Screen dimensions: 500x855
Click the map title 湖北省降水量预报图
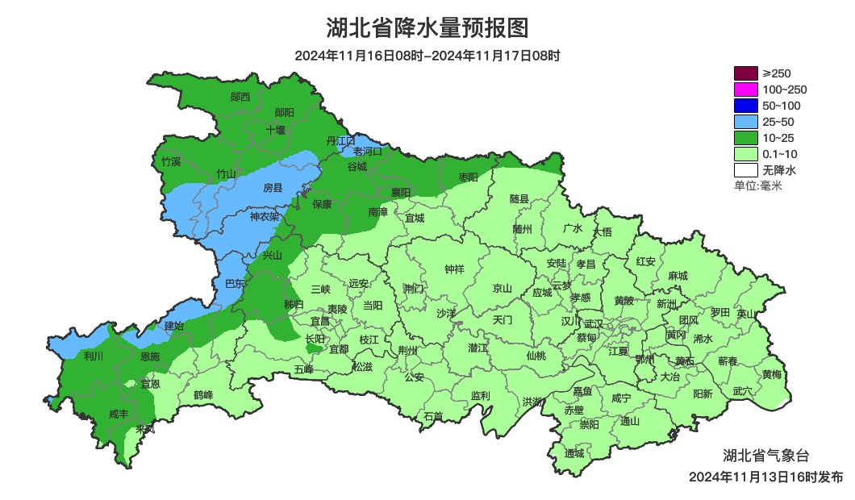(427, 28)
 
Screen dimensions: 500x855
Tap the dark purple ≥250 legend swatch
(746, 73)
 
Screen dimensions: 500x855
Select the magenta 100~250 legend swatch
(746, 90)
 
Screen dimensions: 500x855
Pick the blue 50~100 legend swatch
(746, 106)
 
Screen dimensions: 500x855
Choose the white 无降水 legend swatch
(746, 170)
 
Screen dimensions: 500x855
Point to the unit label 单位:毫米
(758, 185)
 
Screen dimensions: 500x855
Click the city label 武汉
(594, 323)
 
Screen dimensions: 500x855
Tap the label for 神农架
(264, 216)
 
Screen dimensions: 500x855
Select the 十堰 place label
(276, 129)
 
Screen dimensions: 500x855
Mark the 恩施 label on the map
(150, 356)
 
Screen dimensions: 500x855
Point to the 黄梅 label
(772, 374)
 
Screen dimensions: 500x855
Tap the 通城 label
(574, 453)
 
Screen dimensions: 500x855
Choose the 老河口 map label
(367, 151)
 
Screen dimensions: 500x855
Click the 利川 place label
(94, 356)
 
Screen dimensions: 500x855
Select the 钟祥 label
(455, 269)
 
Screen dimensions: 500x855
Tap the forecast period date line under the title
(427, 56)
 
